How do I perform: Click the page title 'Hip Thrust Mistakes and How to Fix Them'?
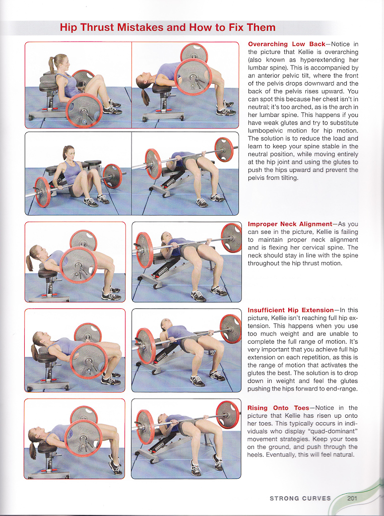click(167, 27)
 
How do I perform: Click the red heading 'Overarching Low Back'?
click(286, 44)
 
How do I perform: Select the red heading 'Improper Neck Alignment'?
click(289, 224)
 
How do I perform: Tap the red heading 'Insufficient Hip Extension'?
click(290, 310)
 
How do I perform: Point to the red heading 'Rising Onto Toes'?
click(278, 408)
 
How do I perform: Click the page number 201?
click(352, 498)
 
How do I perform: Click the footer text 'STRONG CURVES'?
click(300, 498)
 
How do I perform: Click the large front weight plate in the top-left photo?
click(84, 110)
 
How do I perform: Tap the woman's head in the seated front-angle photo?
click(69, 152)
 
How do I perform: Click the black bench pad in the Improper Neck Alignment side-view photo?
click(48, 273)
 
